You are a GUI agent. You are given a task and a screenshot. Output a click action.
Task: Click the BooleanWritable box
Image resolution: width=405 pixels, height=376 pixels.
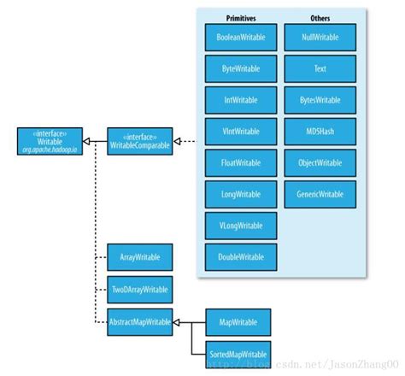coord(240,38)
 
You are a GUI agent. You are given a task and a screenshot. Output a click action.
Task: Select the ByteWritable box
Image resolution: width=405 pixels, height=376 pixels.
coord(240,68)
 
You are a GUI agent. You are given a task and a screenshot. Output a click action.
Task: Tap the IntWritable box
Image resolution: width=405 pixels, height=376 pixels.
coord(240,100)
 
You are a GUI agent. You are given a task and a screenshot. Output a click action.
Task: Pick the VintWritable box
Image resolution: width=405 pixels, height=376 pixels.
coord(240,132)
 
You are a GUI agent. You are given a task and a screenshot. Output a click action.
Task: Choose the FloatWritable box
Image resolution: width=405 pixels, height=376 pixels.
coord(240,163)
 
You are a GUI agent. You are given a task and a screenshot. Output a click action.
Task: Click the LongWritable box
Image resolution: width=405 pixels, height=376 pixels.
coord(240,194)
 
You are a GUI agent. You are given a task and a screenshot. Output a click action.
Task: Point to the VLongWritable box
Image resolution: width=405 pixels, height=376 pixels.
coord(240,226)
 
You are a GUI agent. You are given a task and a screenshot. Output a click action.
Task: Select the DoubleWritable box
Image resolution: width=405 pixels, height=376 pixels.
coord(240,256)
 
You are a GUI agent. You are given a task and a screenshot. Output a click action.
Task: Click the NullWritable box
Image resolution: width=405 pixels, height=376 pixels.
coord(320,38)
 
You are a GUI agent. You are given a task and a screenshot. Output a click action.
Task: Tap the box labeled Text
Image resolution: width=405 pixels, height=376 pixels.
coord(320,68)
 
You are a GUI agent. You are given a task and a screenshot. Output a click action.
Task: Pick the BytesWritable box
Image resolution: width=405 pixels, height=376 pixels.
coord(320,100)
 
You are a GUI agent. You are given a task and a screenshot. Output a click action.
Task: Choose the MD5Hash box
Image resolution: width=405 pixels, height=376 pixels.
coord(320,132)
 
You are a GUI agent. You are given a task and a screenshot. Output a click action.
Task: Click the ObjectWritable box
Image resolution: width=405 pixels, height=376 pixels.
coord(320,163)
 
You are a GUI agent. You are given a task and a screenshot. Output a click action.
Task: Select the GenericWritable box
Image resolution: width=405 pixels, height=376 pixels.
coord(320,194)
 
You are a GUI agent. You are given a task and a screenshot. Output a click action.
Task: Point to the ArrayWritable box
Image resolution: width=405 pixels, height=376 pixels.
coord(139,257)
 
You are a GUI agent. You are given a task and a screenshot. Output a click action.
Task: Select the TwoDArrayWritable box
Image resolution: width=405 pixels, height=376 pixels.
coord(139,289)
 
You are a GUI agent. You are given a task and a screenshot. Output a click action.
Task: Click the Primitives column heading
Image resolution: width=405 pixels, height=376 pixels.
coord(240,16)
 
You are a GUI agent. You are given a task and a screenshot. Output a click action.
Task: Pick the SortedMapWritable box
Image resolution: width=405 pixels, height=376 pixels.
coord(238,353)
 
